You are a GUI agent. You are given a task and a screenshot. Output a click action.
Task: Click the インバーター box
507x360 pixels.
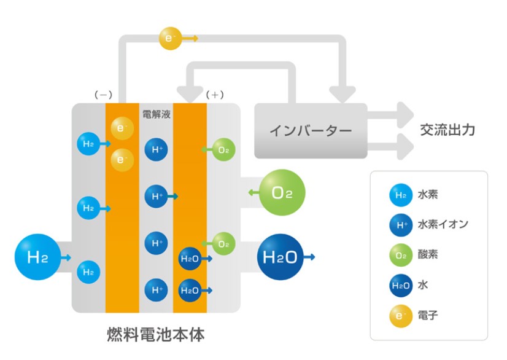tap(310, 130)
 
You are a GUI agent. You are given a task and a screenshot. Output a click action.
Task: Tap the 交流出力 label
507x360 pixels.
tap(447, 130)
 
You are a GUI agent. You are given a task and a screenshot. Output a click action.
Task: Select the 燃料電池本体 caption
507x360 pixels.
tap(155, 335)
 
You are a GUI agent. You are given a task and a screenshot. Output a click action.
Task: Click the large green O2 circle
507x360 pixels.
tap(282, 193)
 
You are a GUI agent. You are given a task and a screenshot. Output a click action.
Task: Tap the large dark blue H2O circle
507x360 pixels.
tap(281, 257)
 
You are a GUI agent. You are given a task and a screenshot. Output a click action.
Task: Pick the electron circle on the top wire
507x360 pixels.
tap(169, 38)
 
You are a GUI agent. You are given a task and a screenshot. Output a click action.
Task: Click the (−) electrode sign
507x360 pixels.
tap(103, 95)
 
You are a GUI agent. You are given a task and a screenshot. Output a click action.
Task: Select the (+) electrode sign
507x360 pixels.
tap(215, 95)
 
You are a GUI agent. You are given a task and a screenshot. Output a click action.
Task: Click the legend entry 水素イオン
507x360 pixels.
tap(442, 224)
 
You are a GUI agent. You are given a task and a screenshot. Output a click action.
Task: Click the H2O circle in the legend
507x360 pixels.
tap(401, 286)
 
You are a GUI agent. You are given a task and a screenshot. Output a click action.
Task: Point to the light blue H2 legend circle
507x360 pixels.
tap(401, 195)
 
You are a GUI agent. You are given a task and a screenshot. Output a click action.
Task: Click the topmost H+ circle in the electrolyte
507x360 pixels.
tap(156, 149)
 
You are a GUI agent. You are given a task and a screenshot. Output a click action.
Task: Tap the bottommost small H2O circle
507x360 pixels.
tap(189, 289)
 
